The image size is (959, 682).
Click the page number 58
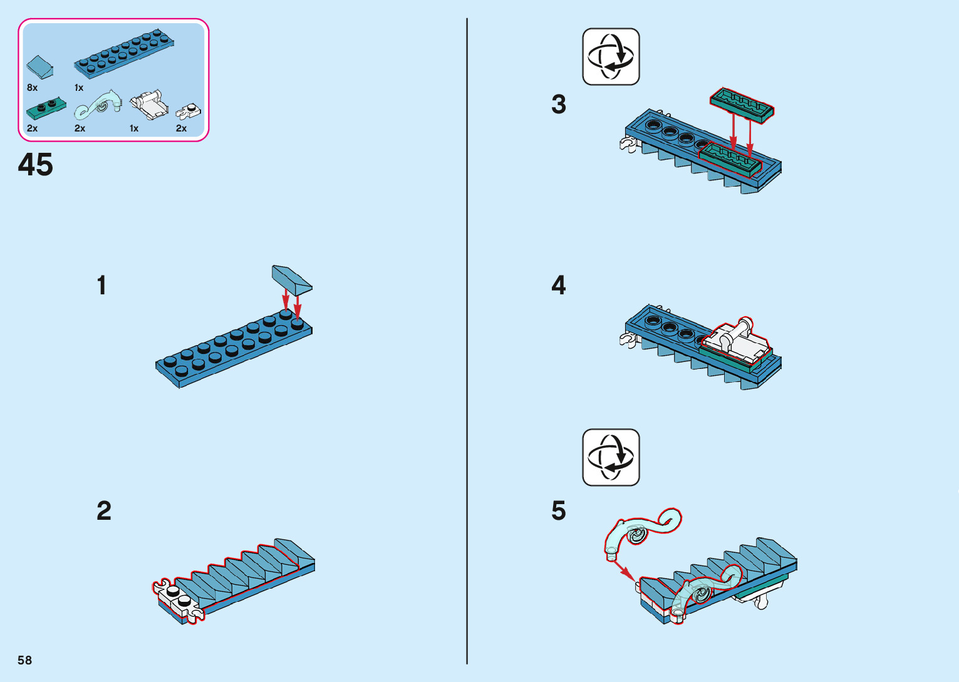click(x=24, y=660)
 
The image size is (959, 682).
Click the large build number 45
click(x=36, y=165)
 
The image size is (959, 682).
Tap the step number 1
click(x=101, y=286)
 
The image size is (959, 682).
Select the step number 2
click(x=104, y=511)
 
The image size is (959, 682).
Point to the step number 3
click(x=559, y=105)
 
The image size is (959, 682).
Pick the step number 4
click(x=559, y=286)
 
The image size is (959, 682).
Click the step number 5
click(x=559, y=511)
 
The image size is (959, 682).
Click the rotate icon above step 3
click(x=611, y=56)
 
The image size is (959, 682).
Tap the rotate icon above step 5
click(x=611, y=457)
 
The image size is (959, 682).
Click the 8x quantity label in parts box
click(x=33, y=88)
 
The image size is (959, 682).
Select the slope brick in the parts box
click(x=39, y=66)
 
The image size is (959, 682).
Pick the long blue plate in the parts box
click(x=124, y=53)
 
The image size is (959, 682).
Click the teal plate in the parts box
click(x=46, y=109)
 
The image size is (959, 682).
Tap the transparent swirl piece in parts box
click(x=98, y=105)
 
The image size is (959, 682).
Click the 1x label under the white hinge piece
click(x=134, y=128)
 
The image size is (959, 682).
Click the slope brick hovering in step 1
click(x=292, y=279)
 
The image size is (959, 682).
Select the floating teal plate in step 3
click(x=742, y=104)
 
